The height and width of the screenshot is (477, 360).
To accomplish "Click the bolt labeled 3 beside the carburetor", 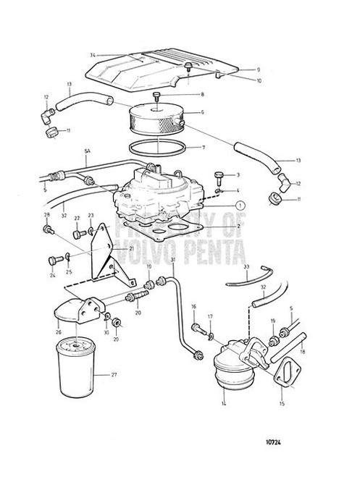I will (198, 176).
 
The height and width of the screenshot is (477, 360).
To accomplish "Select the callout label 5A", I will (86, 152).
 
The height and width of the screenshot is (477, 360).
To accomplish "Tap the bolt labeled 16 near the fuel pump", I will (197, 328).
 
